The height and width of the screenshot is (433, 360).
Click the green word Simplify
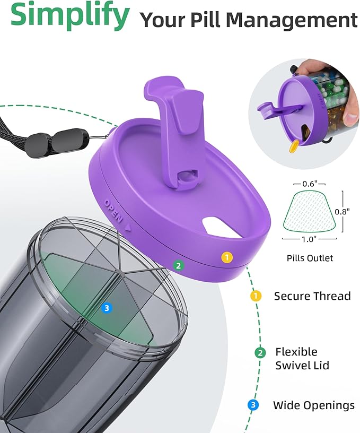pyautogui.click(x=69, y=15)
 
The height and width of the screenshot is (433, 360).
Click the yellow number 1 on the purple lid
pyautogui.click(x=227, y=257)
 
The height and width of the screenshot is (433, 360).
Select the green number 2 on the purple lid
pyautogui.click(x=179, y=265)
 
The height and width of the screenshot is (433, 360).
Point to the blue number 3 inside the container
pyautogui.click(x=107, y=308)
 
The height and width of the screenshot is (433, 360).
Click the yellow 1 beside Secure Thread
pyautogui.click(x=256, y=296)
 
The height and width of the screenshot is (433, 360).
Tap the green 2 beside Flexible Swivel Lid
pyautogui.click(x=260, y=353)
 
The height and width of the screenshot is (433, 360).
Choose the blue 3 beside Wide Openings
pyautogui.click(x=253, y=405)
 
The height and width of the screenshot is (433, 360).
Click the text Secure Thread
pyautogui.click(x=312, y=296)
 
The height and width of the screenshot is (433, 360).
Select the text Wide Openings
pyautogui.click(x=314, y=405)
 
